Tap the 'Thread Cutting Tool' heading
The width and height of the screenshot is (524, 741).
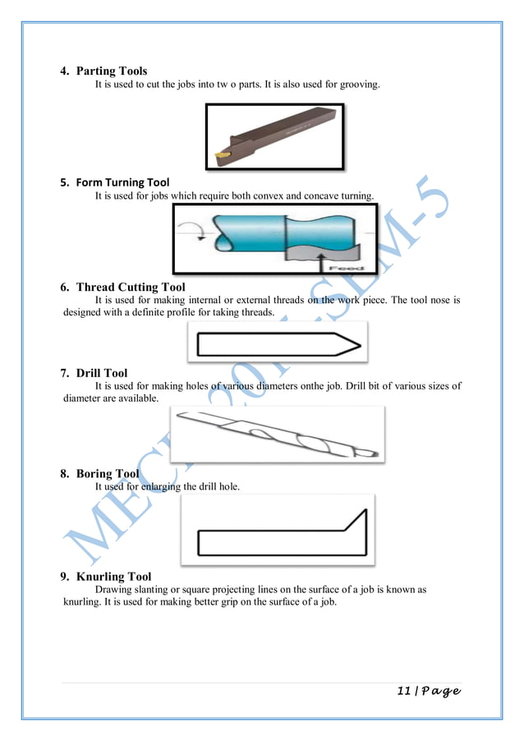(x=131, y=287)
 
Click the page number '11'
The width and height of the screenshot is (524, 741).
(x=405, y=691)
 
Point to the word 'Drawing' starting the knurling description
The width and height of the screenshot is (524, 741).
(x=113, y=590)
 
